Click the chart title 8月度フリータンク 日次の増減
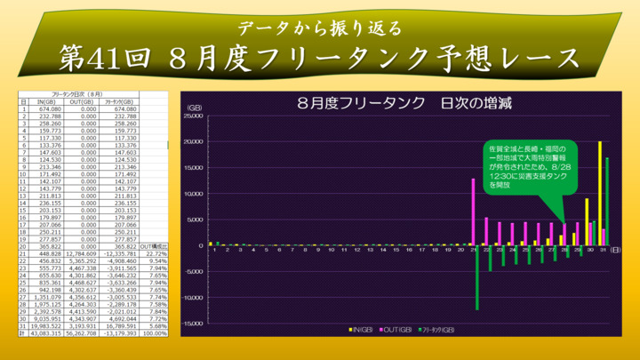tap(404, 100)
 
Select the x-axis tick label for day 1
tap(214, 251)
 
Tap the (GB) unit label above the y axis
tap(195, 108)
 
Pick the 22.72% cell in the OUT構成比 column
tap(156, 253)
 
